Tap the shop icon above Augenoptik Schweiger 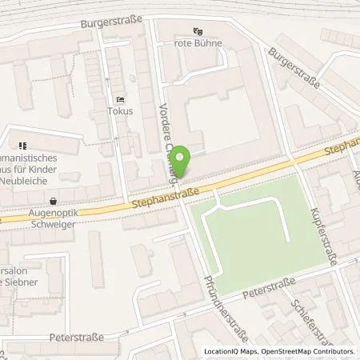[x=53, y=202]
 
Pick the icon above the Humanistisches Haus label [x=22, y=146]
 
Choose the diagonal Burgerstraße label [x=294, y=68]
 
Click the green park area [x=248, y=232]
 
